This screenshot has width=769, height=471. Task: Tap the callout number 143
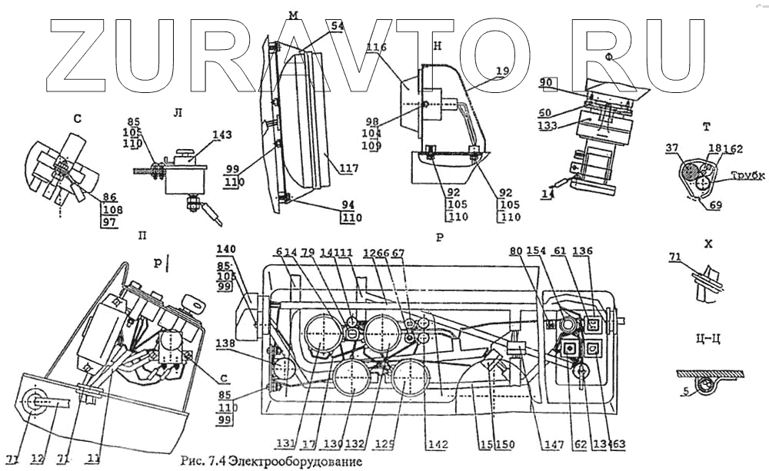pos(222,135)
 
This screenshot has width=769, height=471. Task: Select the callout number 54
pos(315,26)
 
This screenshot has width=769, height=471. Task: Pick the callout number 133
pos(548,126)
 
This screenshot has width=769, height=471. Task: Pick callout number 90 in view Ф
pos(547,81)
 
